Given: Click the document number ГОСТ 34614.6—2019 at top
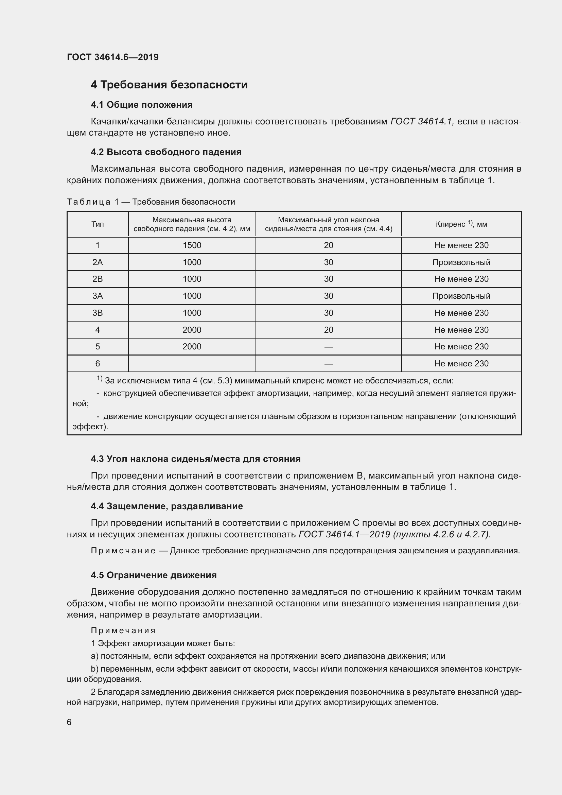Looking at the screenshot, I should pos(113,57).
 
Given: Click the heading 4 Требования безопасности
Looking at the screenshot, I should pos(169,85).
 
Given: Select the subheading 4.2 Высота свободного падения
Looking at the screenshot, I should pos(166,152).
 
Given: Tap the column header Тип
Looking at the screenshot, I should pos(98,224).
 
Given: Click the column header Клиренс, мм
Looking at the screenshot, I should pos(461,224).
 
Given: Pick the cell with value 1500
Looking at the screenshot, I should pos(192,245).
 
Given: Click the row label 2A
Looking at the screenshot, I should pos(98,262).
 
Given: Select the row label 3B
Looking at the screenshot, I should pos(98,313).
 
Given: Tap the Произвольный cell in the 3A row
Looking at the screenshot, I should pos(461,296).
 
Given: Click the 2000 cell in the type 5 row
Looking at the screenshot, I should pos(192,347).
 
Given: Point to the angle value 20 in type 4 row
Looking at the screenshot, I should pos(329,330).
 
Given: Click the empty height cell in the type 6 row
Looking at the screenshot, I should pos(192,364).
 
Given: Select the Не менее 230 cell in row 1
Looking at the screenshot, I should pos(461,245).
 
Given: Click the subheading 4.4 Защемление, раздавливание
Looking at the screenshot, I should pos(167,506).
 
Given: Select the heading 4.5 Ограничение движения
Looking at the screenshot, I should pos(154,575).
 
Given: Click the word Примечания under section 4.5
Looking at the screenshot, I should pos(123,630).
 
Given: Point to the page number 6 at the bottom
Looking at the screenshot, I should pos(69,722).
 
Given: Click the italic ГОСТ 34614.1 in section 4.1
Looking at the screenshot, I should pos(421,122).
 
